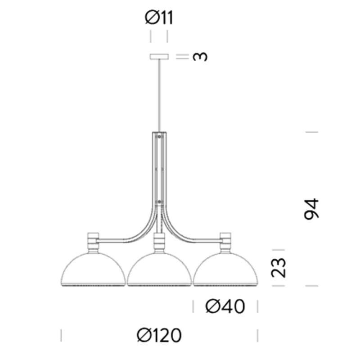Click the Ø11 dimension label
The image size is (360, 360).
159,18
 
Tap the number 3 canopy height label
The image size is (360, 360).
200,57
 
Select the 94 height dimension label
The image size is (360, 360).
311,208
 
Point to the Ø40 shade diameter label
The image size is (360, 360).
225,307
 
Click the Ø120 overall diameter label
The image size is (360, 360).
159,335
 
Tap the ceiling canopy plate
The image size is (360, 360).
159,57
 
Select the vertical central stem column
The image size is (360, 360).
159,171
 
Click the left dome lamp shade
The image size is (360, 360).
93,270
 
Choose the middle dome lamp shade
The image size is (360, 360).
159,270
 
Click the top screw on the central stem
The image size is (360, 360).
159,135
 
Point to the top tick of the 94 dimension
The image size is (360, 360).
311,132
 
